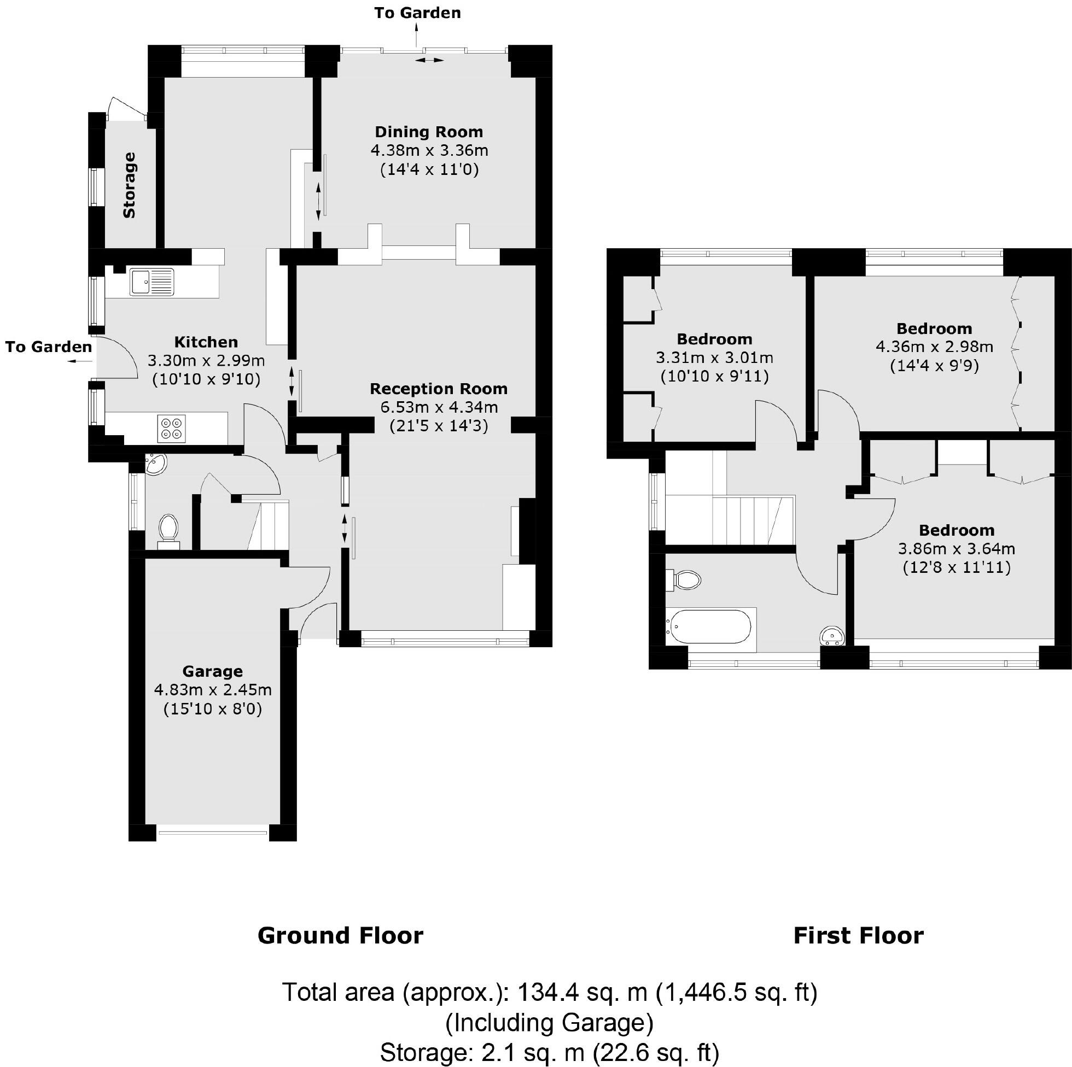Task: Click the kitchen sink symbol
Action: pyautogui.click(x=152, y=282)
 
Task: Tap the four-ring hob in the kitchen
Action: pyautogui.click(x=171, y=429)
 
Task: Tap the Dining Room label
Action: pyautogui.click(x=429, y=132)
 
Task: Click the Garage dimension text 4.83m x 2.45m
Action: pyautogui.click(x=213, y=690)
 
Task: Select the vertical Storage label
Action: pyautogui.click(x=129, y=185)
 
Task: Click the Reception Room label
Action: pyautogui.click(x=438, y=389)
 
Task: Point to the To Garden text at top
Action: pyautogui.click(x=417, y=13)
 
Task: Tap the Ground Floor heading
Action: pyautogui.click(x=340, y=936)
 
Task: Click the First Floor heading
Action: pyautogui.click(x=858, y=936)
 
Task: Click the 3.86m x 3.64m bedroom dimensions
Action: pyautogui.click(x=956, y=549)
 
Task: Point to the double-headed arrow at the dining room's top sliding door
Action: pyautogui.click(x=430, y=60)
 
